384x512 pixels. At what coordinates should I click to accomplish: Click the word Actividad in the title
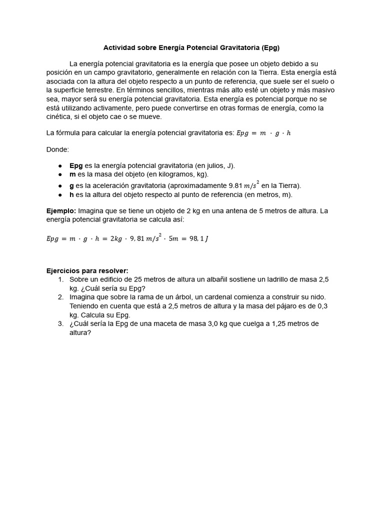point(119,48)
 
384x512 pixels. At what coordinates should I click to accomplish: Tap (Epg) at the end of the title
point(270,48)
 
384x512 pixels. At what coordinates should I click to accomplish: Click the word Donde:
point(58,149)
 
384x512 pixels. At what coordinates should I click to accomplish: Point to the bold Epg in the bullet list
point(76,165)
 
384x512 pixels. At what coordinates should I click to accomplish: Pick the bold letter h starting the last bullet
point(71,195)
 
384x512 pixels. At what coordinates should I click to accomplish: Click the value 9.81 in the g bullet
point(235,185)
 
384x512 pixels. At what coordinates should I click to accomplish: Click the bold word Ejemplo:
point(61,211)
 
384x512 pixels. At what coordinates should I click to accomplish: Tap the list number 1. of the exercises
point(60,279)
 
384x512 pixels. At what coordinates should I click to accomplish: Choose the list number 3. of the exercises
point(60,324)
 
